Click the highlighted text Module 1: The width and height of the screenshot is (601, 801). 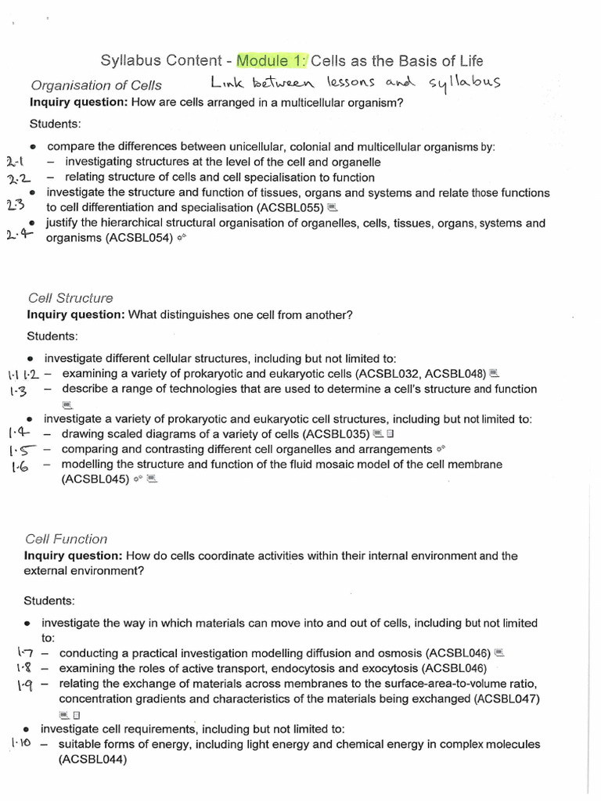(x=273, y=60)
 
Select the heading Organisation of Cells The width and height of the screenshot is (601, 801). (x=96, y=85)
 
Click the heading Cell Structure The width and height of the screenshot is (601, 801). (x=70, y=298)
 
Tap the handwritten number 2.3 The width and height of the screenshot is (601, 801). (x=15, y=206)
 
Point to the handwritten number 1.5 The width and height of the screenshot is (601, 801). (x=19, y=450)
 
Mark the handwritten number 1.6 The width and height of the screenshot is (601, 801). (x=20, y=467)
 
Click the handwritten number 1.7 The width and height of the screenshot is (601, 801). (x=24, y=652)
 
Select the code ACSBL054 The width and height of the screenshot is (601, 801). (x=141, y=239)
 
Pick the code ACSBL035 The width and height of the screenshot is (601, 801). (x=337, y=433)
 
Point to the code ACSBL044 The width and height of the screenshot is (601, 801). (x=92, y=759)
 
